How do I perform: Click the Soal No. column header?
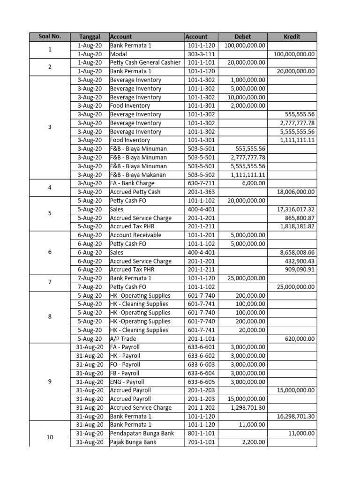pos(50,37)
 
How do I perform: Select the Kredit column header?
pos(292,37)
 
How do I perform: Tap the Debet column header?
pos(242,37)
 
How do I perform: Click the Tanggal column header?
pos(90,37)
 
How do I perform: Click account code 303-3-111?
pos(201,54)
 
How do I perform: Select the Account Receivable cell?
pos(135,235)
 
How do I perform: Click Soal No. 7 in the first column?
pos(50,282)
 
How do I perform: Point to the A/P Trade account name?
pos(123,339)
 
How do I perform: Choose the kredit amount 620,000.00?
pos(300,339)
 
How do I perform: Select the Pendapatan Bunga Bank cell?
pos(142,434)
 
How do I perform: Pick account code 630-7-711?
pos(201,183)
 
